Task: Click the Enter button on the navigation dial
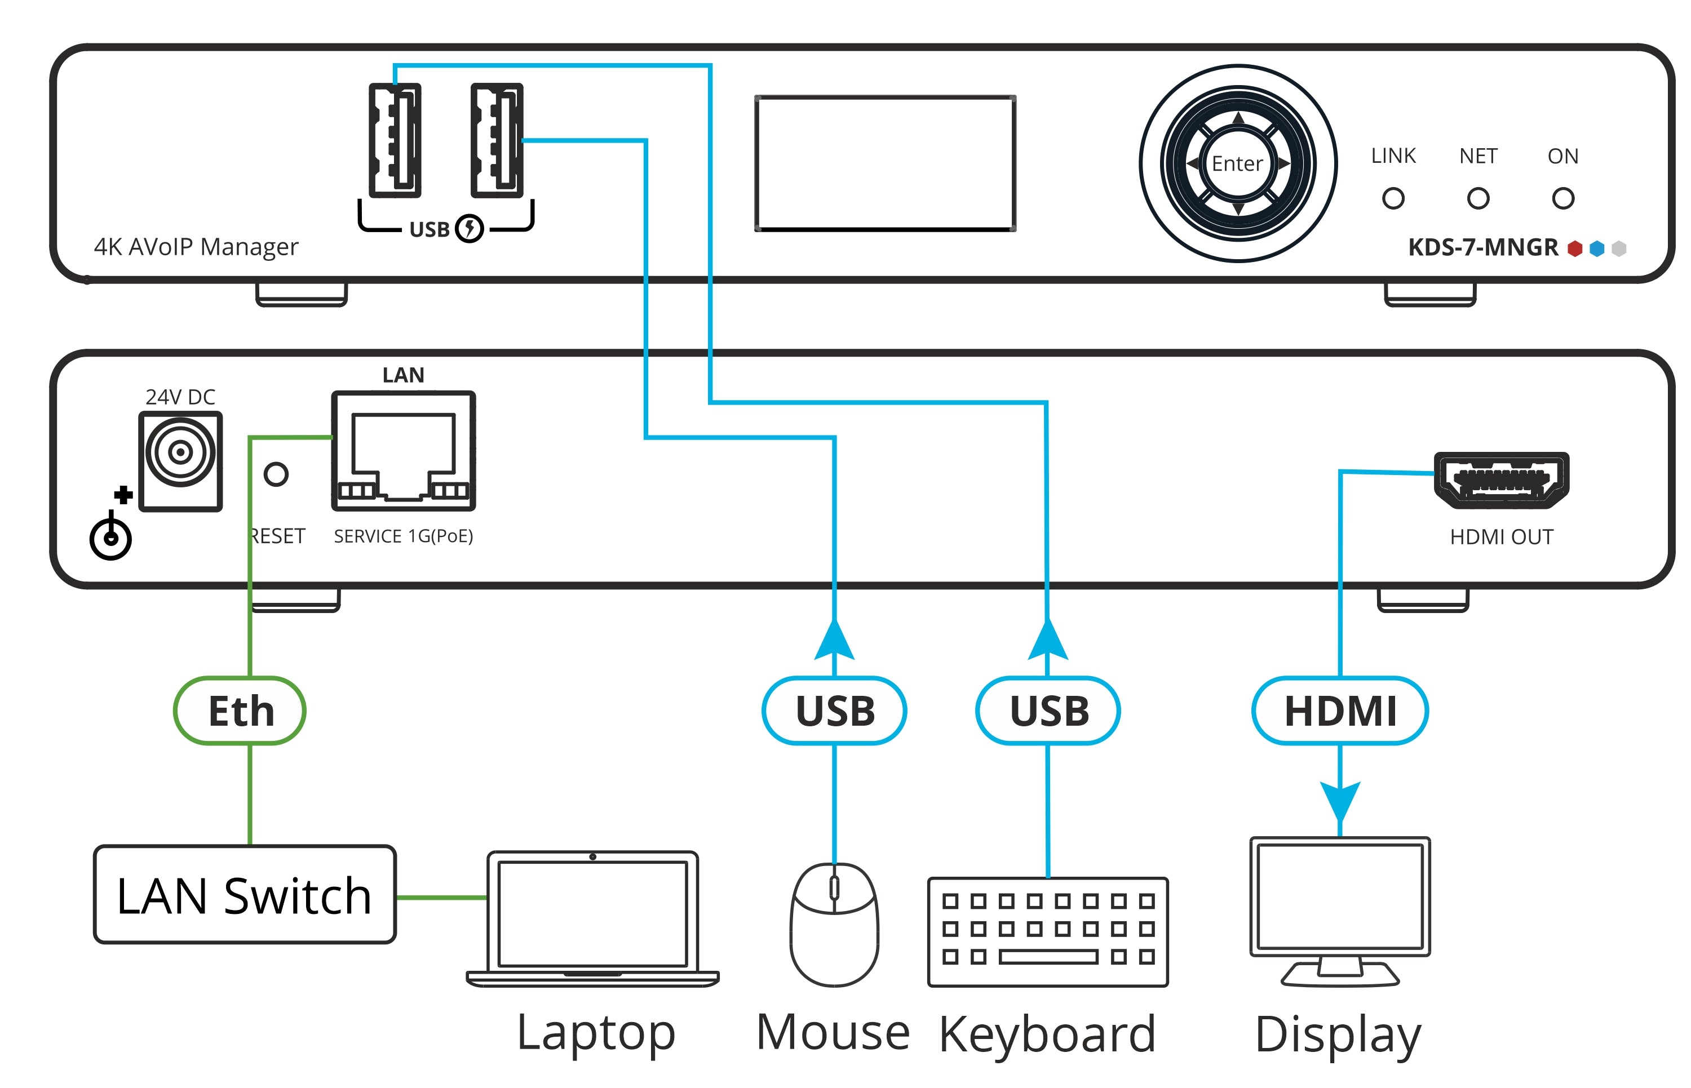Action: (1237, 163)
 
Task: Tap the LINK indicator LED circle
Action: (1393, 198)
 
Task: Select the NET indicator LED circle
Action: (1477, 198)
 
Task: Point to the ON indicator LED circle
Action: (1562, 198)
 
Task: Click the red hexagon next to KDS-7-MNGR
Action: (1574, 248)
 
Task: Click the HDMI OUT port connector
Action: (1501, 481)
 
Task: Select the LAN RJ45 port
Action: (403, 451)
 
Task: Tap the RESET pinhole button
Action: (276, 474)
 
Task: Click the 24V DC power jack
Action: (180, 452)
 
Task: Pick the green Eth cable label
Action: (240, 710)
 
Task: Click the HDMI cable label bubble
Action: (1340, 710)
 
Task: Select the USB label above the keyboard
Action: (1048, 710)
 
